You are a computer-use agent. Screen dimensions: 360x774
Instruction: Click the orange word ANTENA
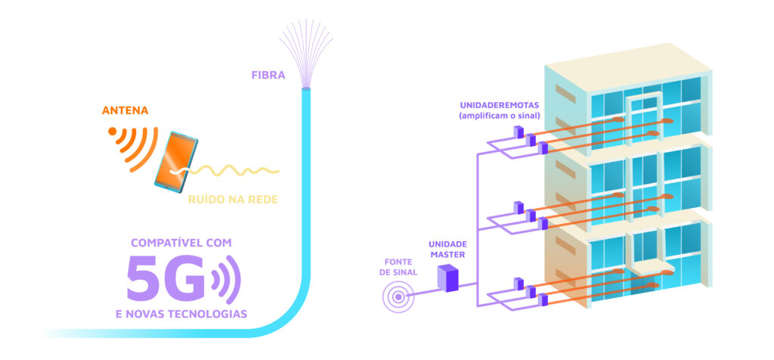tap(125, 111)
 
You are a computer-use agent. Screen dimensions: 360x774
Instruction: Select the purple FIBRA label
tap(268, 74)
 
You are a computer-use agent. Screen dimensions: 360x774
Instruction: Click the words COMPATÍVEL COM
tap(181, 243)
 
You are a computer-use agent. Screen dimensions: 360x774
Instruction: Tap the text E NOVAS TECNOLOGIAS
tap(181, 313)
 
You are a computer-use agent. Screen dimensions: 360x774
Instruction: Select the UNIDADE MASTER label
tap(447, 249)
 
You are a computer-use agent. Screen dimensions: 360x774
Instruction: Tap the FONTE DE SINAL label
tap(398, 266)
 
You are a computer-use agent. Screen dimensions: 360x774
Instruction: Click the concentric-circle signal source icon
tap(398, 296)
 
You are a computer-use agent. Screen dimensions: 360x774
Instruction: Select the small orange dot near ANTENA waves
tap(113, 130)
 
